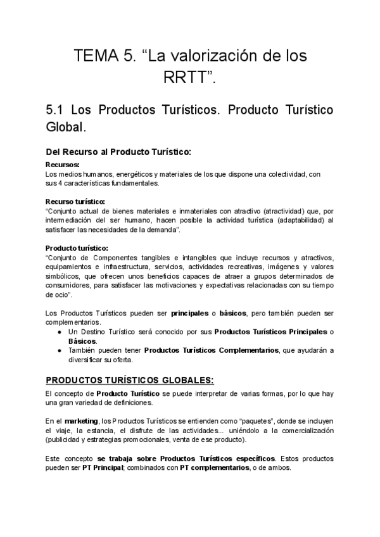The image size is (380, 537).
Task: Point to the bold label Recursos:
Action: pyautogui.click(x=62, y=165)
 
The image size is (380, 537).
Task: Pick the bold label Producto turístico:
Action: pyautogui.click(x=77, y=248)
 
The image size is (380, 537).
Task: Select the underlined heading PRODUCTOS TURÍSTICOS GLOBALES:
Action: pyautogui.click(x=130, y=380)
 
